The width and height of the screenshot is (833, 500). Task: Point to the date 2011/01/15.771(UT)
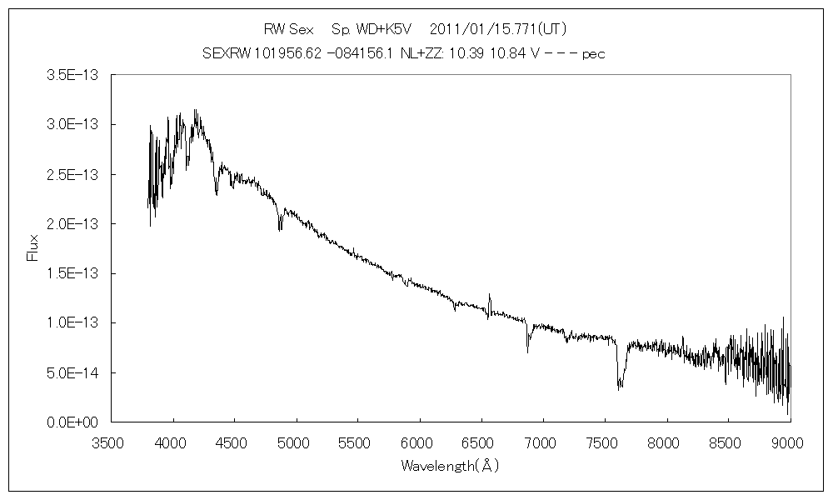[498, 29]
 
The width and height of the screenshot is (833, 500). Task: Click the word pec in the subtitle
[593, 53]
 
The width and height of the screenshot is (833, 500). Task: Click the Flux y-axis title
[33, 247]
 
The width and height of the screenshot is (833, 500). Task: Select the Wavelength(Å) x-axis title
[450, 466]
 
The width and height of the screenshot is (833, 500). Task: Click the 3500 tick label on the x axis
[111, 442]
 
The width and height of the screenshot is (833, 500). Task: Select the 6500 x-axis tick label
[481, 442]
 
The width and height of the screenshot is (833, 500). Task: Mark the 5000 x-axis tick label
[296, 442]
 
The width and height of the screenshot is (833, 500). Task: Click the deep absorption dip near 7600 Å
[619, 385]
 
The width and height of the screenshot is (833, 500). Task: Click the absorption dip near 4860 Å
[280, 227]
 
